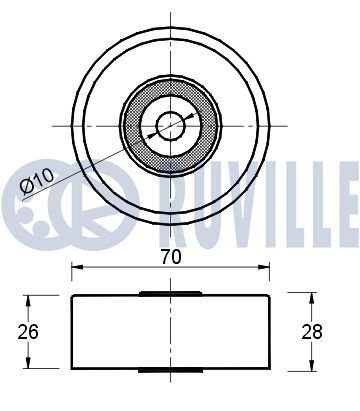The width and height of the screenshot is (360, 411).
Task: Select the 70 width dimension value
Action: click(170, 256)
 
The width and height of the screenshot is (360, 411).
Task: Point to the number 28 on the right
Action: click(313, 330)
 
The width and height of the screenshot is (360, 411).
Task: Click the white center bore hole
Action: click(170, 125)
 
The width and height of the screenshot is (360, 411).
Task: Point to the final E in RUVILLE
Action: click(345, 192)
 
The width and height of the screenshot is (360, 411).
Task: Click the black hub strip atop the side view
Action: click(170, 293)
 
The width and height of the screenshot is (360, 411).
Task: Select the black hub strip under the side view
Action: click(170, 369)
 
